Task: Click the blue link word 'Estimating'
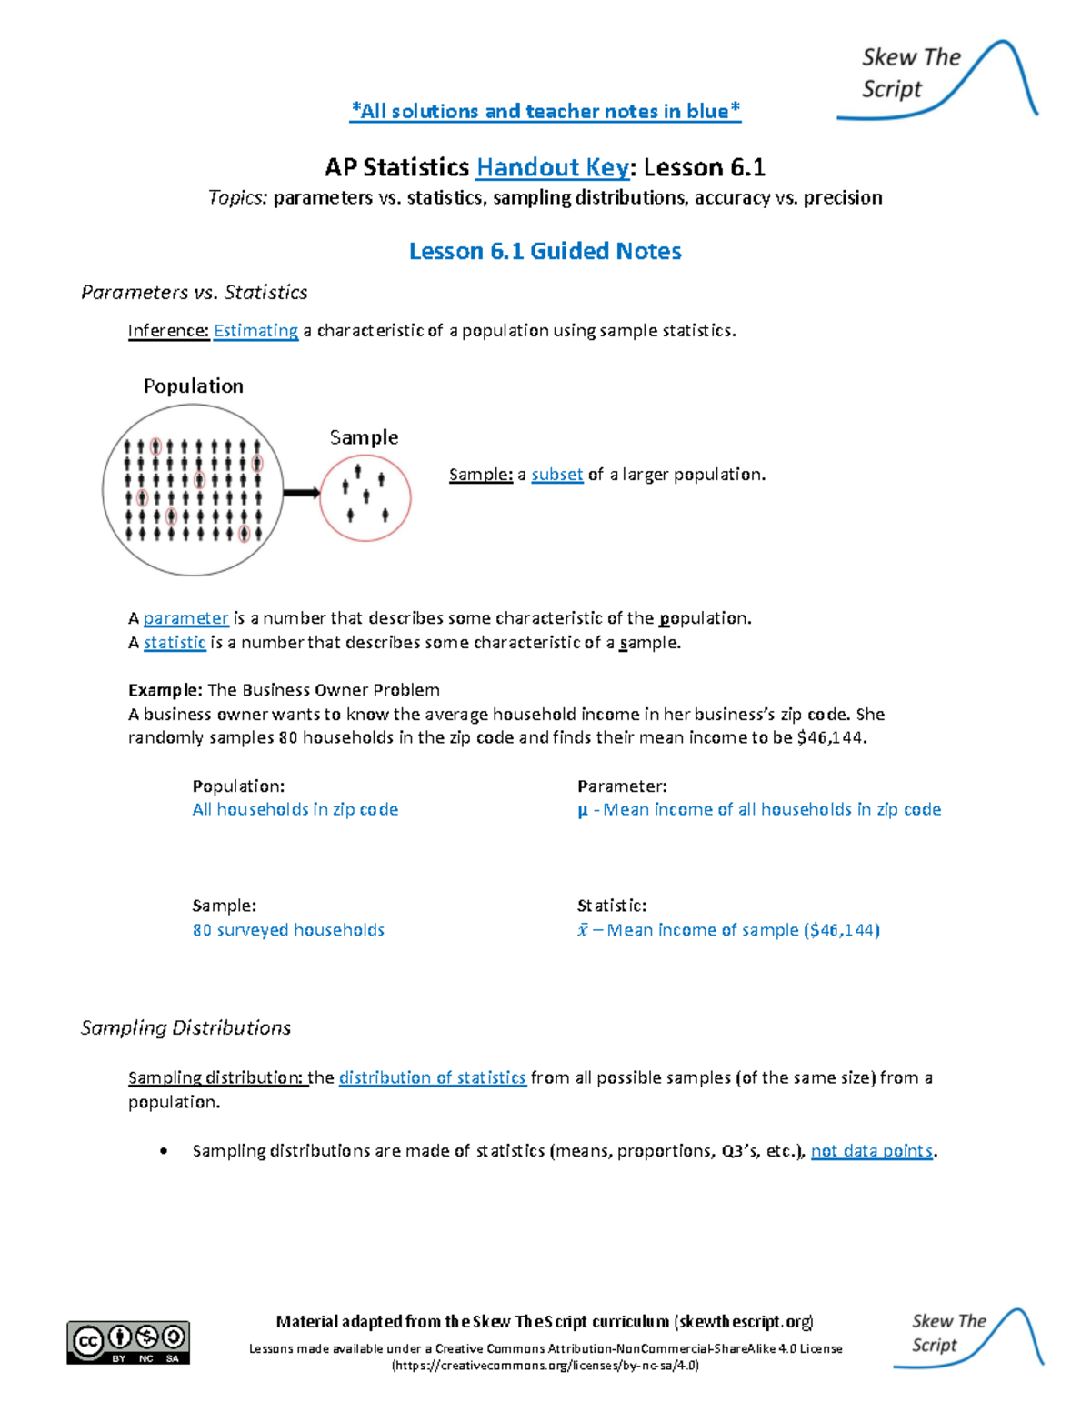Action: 255,331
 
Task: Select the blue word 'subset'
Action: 556,475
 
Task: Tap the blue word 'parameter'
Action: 185,618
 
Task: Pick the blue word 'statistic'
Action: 175,643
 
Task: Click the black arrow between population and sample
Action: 301,493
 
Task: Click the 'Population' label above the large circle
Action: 193,386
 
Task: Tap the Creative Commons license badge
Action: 128,1342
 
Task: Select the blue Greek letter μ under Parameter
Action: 583,809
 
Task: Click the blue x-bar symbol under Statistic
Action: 583,930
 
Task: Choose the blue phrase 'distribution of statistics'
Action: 432,1077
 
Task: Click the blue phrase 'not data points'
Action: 872,1151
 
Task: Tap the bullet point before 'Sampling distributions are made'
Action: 164,1151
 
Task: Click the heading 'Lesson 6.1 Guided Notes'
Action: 545,251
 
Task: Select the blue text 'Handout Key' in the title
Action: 553,167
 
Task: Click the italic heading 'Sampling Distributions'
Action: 185,1027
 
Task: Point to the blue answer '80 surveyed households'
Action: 288,930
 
